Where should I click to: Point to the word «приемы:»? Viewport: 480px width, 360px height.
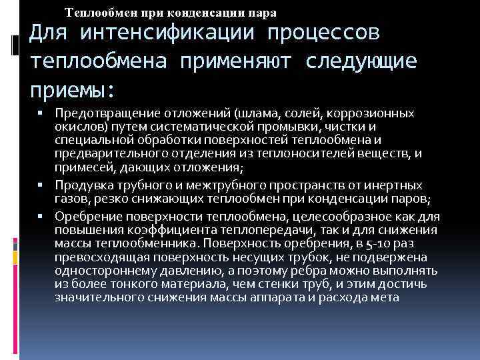tap(72, 89)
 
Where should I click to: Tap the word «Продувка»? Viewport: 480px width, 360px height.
tap(83, 185)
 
